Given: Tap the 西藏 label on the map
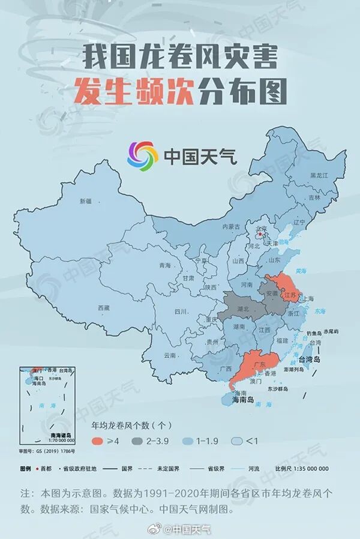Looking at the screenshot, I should [x=104, y=307].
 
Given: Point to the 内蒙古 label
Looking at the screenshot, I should [x=231, y=227].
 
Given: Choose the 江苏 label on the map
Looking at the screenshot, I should [x=290, y=295].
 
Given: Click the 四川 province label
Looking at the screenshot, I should [x=181, y=312].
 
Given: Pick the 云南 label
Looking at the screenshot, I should [x=169, y=355].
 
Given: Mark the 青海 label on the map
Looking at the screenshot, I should [x=164, y=265].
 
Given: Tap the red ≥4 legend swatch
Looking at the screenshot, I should [x=98, y=441].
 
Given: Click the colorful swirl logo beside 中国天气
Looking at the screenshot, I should [x=142, y=156].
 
